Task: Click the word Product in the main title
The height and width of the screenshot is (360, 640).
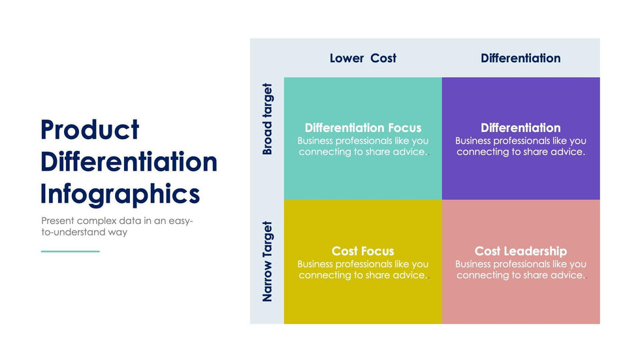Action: click(89, 130)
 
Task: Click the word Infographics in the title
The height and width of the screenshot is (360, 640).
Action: click(120, 194)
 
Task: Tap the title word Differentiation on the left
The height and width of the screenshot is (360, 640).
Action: click(129, 162)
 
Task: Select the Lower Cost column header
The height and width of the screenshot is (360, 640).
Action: click(362, 58)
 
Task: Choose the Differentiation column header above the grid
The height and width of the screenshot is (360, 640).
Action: click(520, 58)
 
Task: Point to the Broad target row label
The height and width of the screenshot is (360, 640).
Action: click(267, 119)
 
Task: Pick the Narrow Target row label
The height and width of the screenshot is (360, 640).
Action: click(267, 261)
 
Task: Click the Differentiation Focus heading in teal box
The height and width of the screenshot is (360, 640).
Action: click(363, 128)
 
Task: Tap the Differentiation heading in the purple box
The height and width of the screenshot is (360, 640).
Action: click(520, 128)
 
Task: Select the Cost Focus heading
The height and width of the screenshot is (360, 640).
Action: click(363, 251)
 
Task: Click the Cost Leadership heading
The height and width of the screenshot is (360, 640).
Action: click(520, 251)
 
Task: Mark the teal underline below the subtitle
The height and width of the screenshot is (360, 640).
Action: click(70, 251)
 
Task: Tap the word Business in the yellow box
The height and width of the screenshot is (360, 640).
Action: click(319, 264)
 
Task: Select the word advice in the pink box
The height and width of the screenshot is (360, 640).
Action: click(566, 275)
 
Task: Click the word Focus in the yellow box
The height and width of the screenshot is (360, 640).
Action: click(379, 251)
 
